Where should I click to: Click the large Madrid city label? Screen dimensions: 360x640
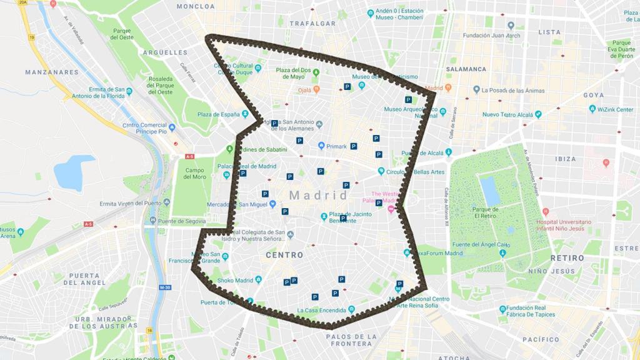(x=318, y=196)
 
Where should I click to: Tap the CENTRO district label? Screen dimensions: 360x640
(x=284, y=255)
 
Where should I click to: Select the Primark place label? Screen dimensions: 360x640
(x=336, y=146)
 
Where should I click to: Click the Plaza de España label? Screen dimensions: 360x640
(x=219, y=114)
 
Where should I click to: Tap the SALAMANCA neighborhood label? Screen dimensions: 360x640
(x=467, y=69)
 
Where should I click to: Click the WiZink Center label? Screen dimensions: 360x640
(x=615, y=109)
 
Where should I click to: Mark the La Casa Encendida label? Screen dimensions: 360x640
(x=322, y=310)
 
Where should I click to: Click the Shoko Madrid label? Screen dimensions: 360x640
(x=234, y=280)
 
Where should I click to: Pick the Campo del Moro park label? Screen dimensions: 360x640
(x=195, y=174)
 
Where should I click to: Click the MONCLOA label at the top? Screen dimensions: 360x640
(x=196, y=6)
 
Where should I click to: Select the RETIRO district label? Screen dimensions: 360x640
(x=567, y=257)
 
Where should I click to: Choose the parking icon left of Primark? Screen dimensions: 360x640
(x=299, y=141)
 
